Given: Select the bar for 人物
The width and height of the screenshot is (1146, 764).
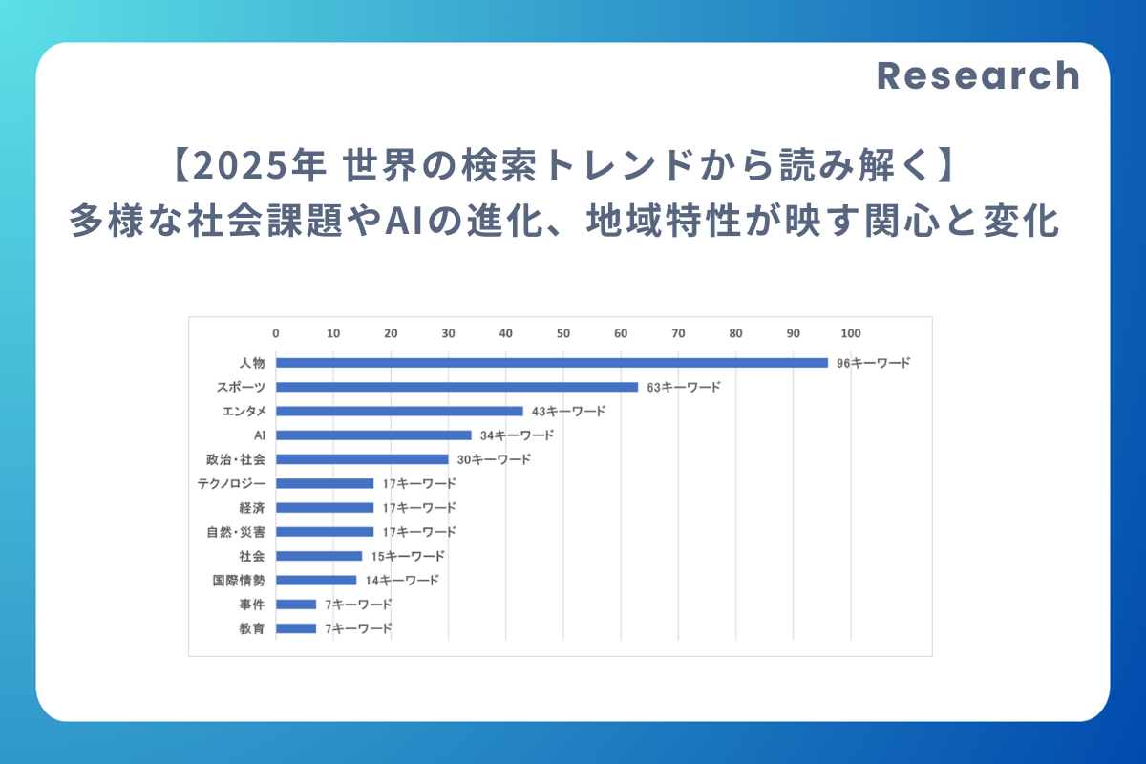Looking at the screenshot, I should [x=552, y=363].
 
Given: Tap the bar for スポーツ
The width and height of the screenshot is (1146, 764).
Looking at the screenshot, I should [x=456, y=387].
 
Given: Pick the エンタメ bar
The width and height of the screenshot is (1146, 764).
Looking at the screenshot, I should [x=399, y=411].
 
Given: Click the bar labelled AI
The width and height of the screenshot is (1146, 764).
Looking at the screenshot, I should [x=373, y=435].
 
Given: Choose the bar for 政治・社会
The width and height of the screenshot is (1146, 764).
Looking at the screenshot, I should [x=362, y=459].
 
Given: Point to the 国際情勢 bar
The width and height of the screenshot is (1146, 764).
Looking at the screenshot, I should [x=316, y=580].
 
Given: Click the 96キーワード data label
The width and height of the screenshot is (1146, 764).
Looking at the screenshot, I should [x=873, y=363].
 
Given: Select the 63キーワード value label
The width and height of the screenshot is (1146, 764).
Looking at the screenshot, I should [x=684, y=387].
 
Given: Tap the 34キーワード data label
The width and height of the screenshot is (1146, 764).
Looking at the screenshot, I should [x=517, y=435].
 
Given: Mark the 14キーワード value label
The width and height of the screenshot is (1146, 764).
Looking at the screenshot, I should [x=402, y=580].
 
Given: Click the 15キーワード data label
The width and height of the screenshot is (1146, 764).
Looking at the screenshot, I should [x=408, y=556].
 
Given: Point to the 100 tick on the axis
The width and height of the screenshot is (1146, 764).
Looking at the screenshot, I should [x=850, y=333].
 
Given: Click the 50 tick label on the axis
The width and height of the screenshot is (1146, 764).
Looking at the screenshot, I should [x=563, y=333].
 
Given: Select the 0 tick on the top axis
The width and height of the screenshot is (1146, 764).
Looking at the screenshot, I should [x=276, y=333].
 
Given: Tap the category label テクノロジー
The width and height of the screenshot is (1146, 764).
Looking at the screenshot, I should [x=231, y=483].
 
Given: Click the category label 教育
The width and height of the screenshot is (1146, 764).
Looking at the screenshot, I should [x=252, y=628].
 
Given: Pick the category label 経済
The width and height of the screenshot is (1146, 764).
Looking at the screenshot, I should [x=252, y=507].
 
